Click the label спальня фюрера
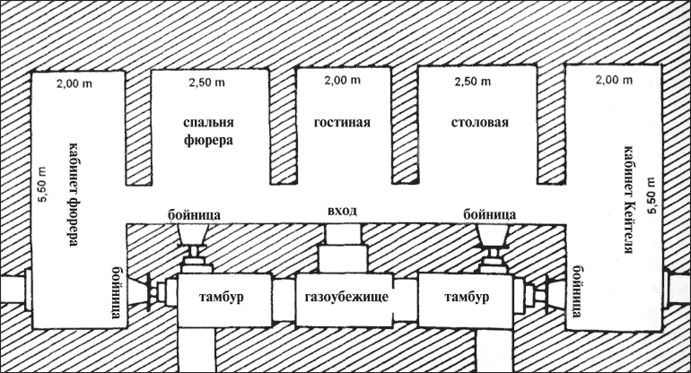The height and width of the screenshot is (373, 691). pyautogui.click(x=208, y=131)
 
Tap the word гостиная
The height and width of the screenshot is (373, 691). pyautogui.click(x=342, y=122)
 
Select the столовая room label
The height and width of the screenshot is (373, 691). pyautogui.click(x=480, y=122)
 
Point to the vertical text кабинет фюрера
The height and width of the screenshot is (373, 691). pyautogui.click(x=74, y=195)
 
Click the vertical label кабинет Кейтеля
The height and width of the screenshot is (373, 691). pyautogui.click(x=629, y=199)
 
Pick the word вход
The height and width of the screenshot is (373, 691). pyautogui.click(x=343, y=211)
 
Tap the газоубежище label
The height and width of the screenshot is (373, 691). pyautogui.click(x=346, y=297)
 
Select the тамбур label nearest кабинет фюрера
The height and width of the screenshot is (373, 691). pyautogui.click(x=222, y=297)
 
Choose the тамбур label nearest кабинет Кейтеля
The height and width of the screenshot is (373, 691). pyautogui.click(x=467, y=297)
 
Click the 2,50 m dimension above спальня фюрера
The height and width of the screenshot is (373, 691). pyautogui.click(x=207, y=82)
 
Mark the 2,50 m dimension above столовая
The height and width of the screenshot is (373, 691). pyautogui.click(x=472, y=82)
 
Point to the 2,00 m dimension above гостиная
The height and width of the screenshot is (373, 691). pyautogui.click(x=343, y=80)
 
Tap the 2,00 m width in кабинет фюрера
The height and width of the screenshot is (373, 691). pyautogui.click(x=74, y=83)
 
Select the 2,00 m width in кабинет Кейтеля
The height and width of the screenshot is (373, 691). pyautogui.click(x=614, y=80)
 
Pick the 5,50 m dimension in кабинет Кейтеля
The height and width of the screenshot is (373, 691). pyautogui.click(x=652, y=195)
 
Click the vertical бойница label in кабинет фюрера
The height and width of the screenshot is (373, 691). pyautogui.click(x=118, y=292)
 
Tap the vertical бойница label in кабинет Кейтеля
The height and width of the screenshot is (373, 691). pyautogui.click(x=576, y=291)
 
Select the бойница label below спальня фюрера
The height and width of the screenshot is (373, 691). pyautogui.click(x=195, y=215)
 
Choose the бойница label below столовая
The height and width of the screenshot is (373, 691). pyautogui.click(x=490, y=214)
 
